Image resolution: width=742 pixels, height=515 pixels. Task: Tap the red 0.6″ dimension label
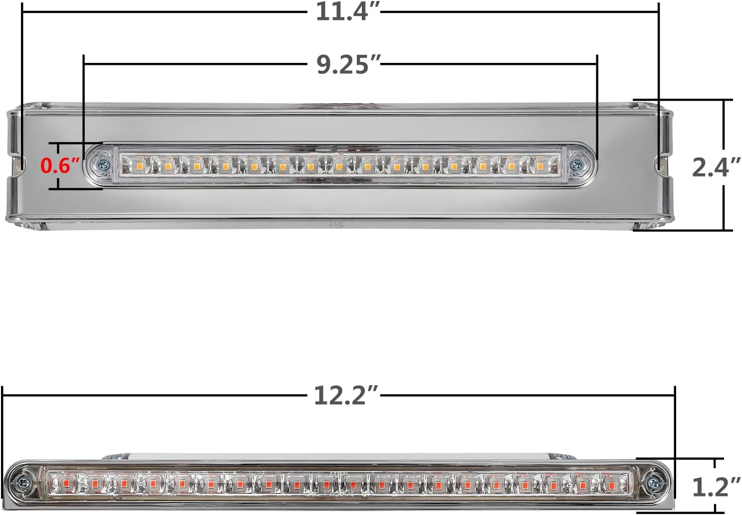60,165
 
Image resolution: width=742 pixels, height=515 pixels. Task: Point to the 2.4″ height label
716,167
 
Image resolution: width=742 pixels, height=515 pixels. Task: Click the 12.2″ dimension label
346,395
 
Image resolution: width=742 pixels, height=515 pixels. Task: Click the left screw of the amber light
104,164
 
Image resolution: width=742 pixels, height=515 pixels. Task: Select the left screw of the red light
23,482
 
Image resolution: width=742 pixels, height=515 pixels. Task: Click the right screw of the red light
653,483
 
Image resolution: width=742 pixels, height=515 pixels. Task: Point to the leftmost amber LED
140,165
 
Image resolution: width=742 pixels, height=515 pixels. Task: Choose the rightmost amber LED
539,165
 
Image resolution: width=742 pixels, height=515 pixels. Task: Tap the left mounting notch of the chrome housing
18,164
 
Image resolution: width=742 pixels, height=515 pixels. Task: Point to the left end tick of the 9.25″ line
84,64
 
